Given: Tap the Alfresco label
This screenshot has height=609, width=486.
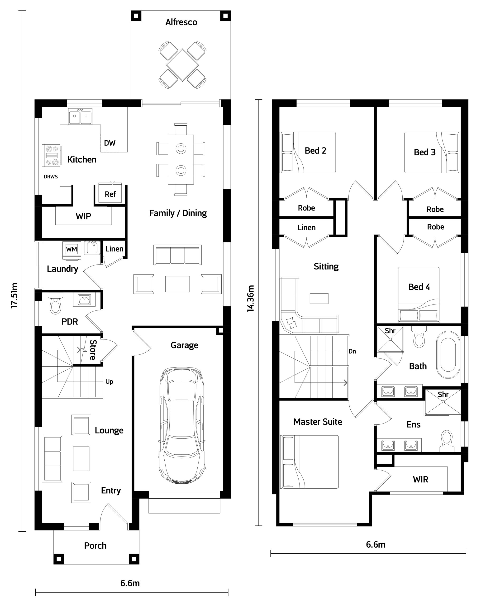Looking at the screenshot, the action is [x=181, y=22].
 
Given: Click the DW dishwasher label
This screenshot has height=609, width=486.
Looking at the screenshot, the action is [x=110, y=143].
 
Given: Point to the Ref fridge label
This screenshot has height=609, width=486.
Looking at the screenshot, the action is [x=110, y=194].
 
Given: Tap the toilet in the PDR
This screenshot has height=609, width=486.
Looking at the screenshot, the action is [x=55, y=303].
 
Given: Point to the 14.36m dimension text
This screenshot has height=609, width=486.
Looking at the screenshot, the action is [x=250, y=299].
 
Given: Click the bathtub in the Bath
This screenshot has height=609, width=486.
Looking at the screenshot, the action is [x=448, y=354].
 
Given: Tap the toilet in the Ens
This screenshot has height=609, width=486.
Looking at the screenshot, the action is [x=447, y=441].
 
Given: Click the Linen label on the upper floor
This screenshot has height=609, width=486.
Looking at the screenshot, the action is [x=306, y=227].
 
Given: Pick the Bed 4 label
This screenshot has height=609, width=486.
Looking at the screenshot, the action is [x=419, y=287].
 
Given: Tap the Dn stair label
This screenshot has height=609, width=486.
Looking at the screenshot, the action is [x=352, y=351].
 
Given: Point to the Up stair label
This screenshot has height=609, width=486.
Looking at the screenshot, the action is [x=109, y=382].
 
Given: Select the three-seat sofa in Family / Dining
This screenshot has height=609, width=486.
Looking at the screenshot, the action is [x=177, y=255].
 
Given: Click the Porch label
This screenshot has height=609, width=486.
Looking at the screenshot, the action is [x=95, y=546].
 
